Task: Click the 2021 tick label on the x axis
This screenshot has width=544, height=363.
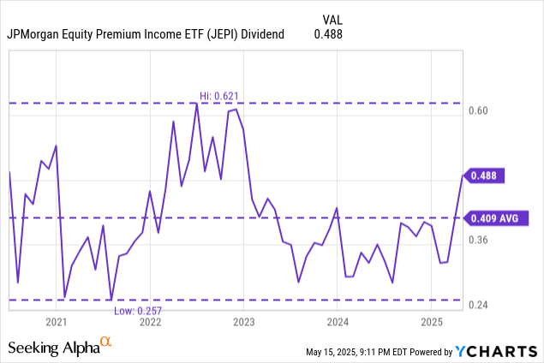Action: (57, 323)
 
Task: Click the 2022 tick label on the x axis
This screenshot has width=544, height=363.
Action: (150, 323)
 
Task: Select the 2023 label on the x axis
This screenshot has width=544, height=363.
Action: (244, 323)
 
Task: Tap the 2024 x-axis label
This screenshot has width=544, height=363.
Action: (338, 323)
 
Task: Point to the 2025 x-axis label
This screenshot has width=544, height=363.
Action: (432, 323)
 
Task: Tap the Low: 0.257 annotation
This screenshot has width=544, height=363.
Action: (137, 309)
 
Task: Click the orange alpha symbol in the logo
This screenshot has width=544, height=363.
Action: (106, 342)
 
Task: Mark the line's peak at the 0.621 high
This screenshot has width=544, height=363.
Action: (196, 104)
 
